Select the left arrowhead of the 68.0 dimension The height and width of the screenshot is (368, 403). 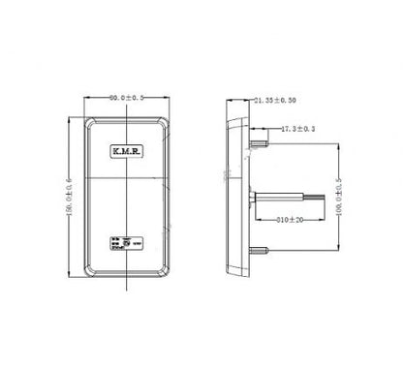88,99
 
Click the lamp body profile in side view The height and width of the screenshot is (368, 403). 233,194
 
